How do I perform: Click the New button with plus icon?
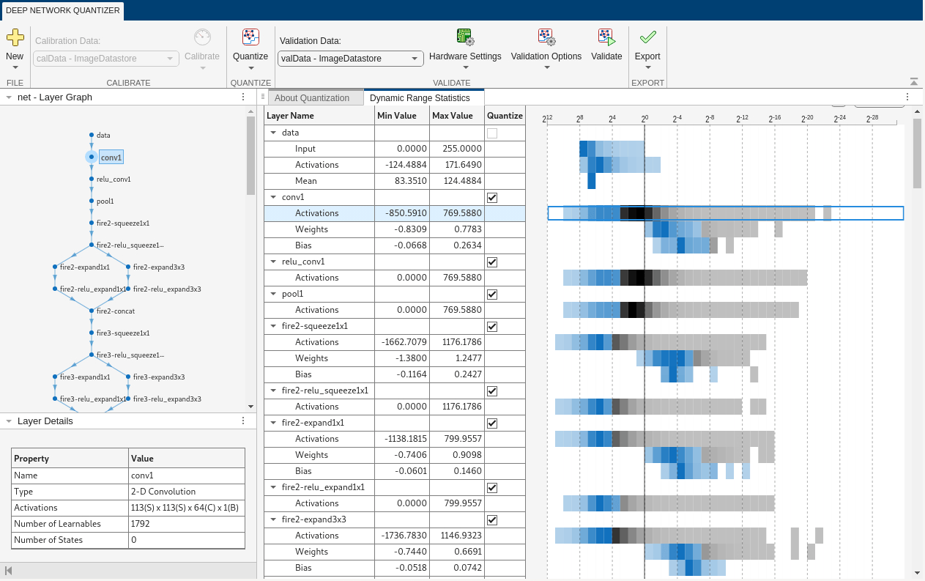click(15, 49)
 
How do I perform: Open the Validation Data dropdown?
click(351, 59)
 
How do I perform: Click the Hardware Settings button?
click(465, 49)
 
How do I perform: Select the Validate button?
click(606, 45)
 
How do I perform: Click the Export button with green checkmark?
click(647, 49)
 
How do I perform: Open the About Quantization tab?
click(312, 98)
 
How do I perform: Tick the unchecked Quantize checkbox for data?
click(492, 133)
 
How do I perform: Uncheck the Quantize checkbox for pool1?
click(492, 295)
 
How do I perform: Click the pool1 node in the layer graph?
click(92, 201)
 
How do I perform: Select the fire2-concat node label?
click(116, 311)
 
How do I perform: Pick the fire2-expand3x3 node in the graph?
click(128, 267)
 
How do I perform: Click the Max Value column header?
click(452, 116)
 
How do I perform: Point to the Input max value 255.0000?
click(461, 149)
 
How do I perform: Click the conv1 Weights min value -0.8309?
click(410, 229)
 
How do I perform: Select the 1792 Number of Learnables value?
click(141, 524)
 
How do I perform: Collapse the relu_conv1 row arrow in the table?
click(273, 262)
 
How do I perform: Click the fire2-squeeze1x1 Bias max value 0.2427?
click(467, 374)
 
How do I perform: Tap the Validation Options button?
click(546, 49)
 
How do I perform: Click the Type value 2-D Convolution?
click(163, 492)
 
